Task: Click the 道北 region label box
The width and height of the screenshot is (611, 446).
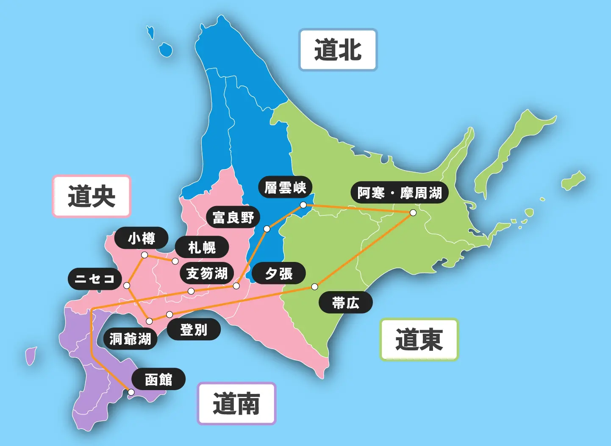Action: pos(338,50)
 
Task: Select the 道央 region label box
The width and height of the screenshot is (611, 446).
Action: pos(92,196)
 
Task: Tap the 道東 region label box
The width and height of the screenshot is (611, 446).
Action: pos(419,339)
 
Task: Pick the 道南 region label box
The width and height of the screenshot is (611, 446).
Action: pos(236,404)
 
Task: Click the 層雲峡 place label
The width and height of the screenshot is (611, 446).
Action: pos(285,187)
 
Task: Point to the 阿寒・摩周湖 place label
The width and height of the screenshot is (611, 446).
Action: pos(400,193)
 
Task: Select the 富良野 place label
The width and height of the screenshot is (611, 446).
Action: pos(233,217)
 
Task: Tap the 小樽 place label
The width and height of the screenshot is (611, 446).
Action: pos(142,238)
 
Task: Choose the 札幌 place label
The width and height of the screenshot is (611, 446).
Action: pos(202,248)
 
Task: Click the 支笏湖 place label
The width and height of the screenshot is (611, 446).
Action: pos(207,273)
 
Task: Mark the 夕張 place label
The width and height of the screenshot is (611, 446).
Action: pos(279,273)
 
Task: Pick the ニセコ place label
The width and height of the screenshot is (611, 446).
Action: pos(95,279)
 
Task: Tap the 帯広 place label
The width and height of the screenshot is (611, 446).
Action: pos(345,303)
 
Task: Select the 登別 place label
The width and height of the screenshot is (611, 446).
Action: pos(194,329)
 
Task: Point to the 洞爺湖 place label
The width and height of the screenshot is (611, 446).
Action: pos(130,339)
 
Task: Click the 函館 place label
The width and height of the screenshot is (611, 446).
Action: pos(158,379)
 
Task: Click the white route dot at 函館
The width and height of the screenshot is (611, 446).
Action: pos(131,392)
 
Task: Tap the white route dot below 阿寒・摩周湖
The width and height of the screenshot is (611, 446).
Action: pos(413,212)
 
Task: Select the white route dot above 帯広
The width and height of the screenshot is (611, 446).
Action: pos(314,287)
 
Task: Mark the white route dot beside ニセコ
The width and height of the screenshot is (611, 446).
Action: pos(127,286)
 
